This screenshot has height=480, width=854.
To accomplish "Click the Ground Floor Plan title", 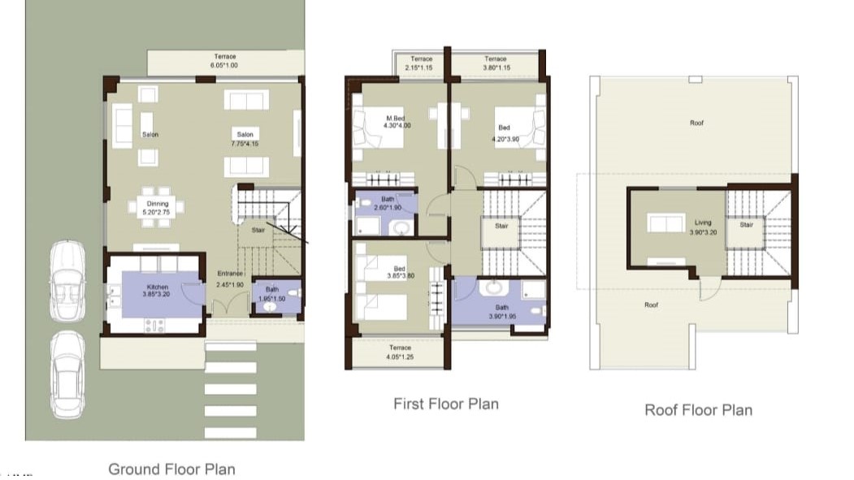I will (x=171, y=469).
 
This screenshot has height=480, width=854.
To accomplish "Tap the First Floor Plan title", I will (x=445, y=404).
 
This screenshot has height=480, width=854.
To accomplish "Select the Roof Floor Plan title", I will (x=698, y=409).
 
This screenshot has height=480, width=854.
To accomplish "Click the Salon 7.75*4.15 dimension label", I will (x=245, y=139).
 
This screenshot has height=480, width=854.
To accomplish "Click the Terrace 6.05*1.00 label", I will (x=225, y=61).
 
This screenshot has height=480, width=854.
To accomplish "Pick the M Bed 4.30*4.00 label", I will (x=395, y=122).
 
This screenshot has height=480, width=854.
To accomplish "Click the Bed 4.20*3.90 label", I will (x=505, y=133).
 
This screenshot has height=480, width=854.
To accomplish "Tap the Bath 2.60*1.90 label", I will (x=388, y=204).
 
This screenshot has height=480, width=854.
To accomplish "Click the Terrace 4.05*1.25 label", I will (x=400, y=352).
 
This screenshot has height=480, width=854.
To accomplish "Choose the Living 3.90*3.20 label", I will (x=703, y=227).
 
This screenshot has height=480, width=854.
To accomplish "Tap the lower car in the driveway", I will (x=67, y=373).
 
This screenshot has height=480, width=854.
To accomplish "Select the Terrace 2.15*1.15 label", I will (x=421, y=63).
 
